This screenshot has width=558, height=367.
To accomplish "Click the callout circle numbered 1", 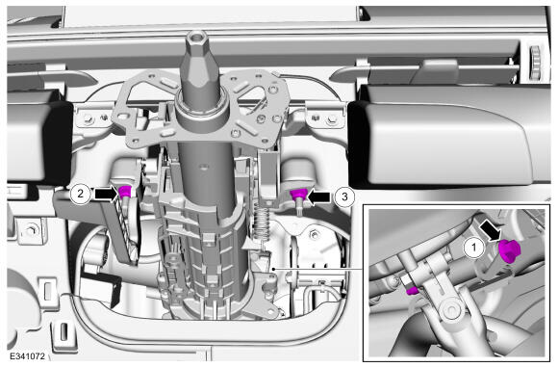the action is click(473, 248).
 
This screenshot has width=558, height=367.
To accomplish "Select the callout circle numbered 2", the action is click(80, 194).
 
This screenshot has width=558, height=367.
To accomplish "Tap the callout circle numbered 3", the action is click(344, 197).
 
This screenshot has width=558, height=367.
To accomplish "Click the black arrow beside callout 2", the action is click(107, 195).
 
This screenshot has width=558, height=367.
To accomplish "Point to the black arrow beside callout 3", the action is click(318, 197).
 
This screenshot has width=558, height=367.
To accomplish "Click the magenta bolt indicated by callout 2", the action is click(124, 193).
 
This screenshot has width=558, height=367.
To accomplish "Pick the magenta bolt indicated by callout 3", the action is click(298, 195).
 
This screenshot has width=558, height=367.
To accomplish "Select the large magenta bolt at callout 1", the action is click(509, 251).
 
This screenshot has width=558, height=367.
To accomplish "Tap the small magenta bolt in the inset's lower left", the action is click(412, 291).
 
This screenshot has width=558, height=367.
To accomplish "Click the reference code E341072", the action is click(27, 356).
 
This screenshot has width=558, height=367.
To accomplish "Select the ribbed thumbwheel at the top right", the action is click(536, 63).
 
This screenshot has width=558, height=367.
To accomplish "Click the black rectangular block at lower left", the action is click(100, 289).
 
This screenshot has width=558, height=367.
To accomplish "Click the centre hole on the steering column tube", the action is click(203, 166).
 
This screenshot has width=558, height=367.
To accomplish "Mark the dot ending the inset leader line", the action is click(273, 269).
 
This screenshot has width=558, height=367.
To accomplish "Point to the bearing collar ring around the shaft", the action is click(202, 106).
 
